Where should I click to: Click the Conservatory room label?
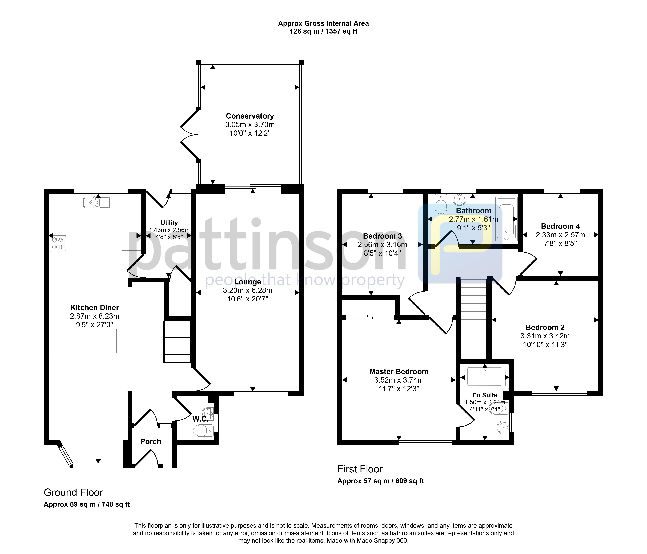tap(250, 116)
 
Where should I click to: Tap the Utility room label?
tap(169, 223)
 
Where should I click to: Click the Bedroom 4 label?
tap(561, 226)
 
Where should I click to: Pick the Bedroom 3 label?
tap(383, 236)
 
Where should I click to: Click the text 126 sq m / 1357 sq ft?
tap(324, 31)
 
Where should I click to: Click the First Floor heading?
tap(360, 469)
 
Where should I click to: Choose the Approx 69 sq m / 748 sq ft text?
tap(87, 504)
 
